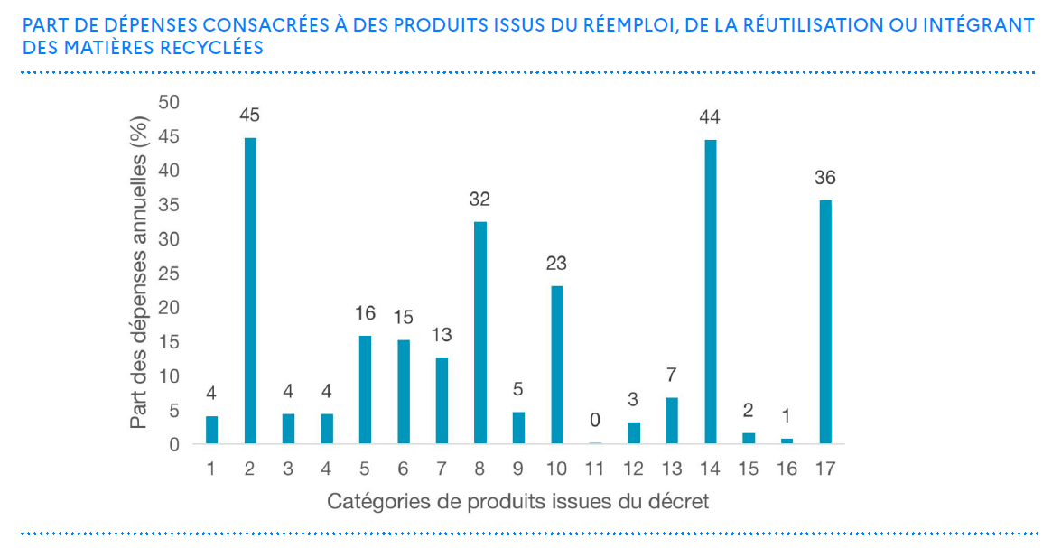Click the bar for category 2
[250, 291]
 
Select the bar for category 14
[710, 292]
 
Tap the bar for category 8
[480, 332]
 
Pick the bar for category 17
[824, 321]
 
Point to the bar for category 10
[557, 365]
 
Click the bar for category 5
[365, 389]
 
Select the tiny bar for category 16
[787, 441]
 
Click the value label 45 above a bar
[250, 116]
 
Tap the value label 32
[479, 199]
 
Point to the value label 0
[595, 421]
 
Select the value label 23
[556, 264]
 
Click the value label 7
[672, 375]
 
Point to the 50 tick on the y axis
[170, 102]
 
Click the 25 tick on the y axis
[170, 274]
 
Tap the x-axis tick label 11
[595, 469]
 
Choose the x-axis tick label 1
[211, 469]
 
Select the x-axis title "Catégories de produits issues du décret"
[517, 501]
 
